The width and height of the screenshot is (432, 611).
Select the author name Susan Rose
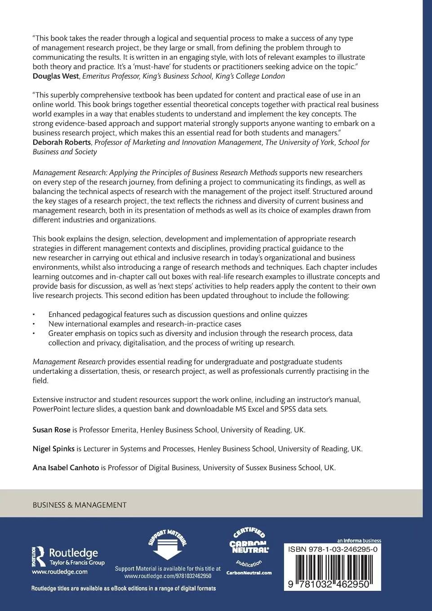coord(51,429)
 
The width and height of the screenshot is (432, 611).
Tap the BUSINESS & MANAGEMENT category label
coord(80,505)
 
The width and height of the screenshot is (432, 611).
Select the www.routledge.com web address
coord(59,572)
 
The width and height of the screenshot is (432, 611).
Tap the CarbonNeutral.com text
coord(249,572)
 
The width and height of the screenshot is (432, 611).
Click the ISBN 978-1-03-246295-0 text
coord(332,549)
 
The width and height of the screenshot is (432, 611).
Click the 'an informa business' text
coord(359,540)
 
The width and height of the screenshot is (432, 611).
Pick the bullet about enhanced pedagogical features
coord(178,314)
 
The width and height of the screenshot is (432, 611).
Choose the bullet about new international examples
coord(145,324)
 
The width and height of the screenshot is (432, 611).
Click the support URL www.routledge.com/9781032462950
coord(168,576)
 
